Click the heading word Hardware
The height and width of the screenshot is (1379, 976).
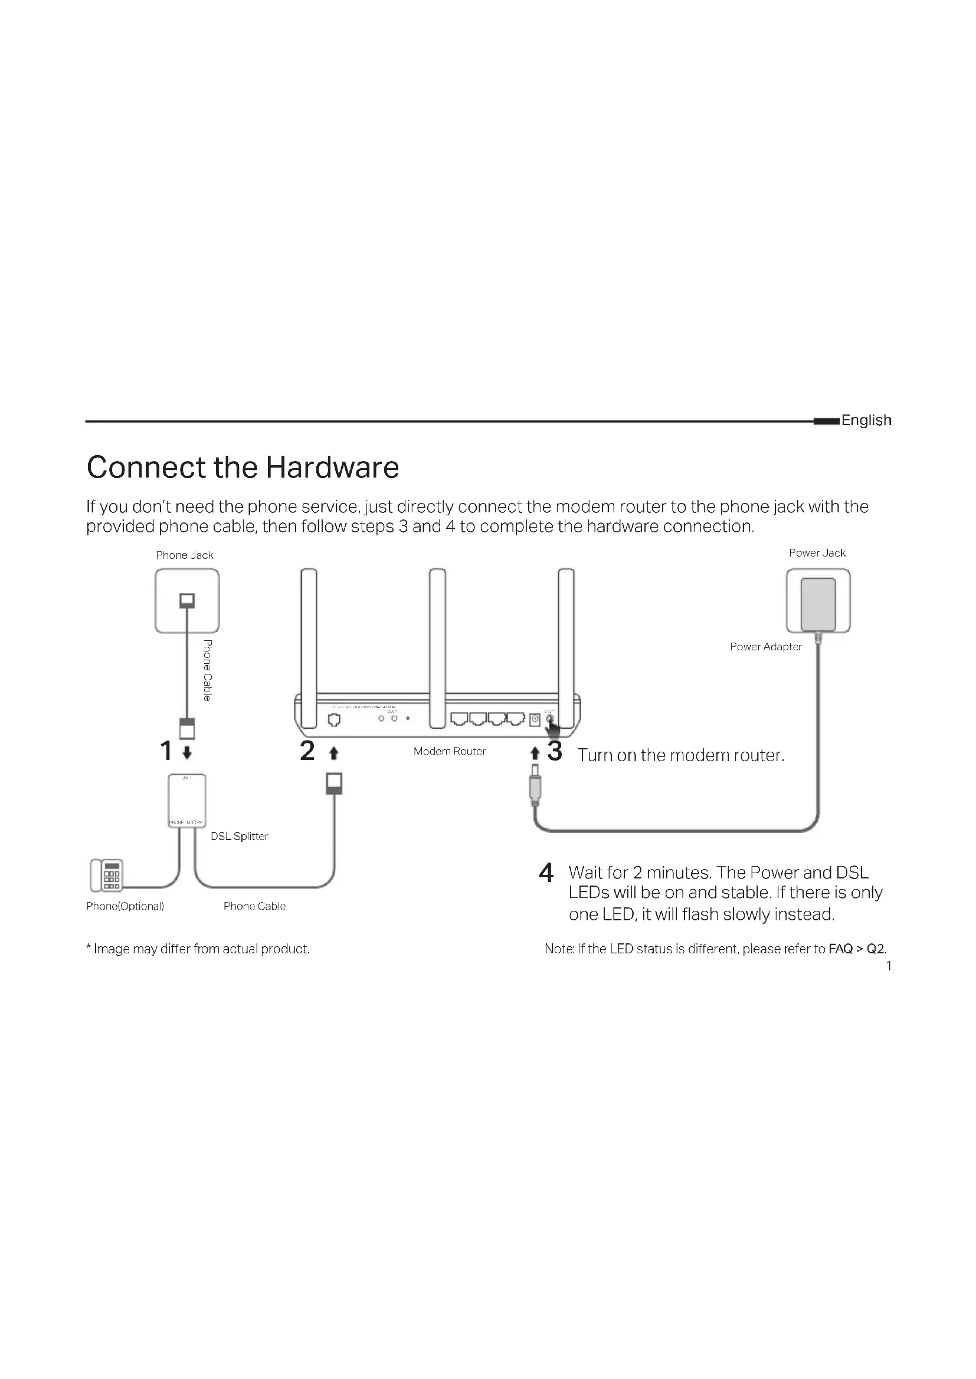(x=332, y=468)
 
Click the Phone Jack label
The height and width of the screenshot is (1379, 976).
(x=185, y=555)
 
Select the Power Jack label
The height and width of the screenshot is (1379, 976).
(x=817, y=552)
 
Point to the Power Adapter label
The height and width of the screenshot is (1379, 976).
(x=765, y=646)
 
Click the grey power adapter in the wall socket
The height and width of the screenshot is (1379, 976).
(x=818, y=604)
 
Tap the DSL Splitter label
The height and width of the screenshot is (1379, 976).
(x=239, y=836)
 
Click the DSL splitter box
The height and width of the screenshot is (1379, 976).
(x=187, y=801)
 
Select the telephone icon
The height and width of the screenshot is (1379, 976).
(x=106, y=875)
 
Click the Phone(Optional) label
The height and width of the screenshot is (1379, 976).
(x=125, y=906)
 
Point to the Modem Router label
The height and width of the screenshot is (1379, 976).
(x=449, y=751)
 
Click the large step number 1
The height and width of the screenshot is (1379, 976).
(x=166, y=751)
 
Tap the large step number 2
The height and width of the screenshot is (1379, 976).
(x=307, y=751)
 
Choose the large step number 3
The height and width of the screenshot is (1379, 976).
(x=555, y=751)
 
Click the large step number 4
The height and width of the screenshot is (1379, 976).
(x=546, y=873)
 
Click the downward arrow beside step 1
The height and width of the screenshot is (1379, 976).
(x=187, y=752)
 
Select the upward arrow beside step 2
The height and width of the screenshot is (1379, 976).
(x=334, y=752)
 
